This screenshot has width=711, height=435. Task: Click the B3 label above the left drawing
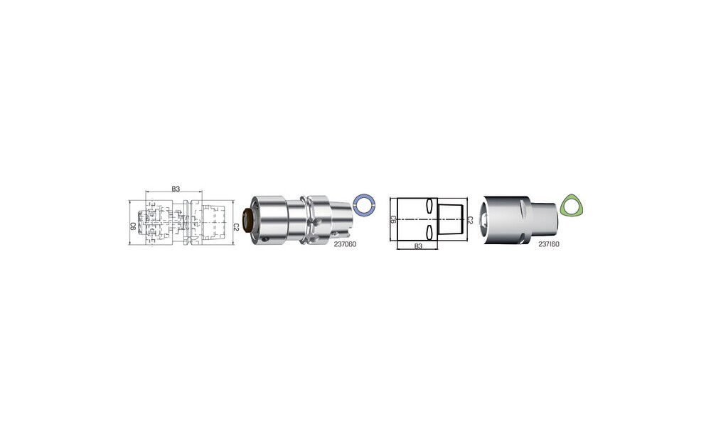point(176,189)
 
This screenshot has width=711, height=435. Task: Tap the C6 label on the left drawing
point(134,226)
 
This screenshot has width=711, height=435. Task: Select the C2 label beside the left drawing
point(236,227)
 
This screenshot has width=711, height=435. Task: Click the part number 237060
point(345,244)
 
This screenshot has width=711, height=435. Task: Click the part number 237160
point(549,244)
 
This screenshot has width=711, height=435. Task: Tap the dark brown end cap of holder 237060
point(247,221)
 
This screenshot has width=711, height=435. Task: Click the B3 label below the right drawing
point(418,246)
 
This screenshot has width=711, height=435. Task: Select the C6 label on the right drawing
point(393,220)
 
